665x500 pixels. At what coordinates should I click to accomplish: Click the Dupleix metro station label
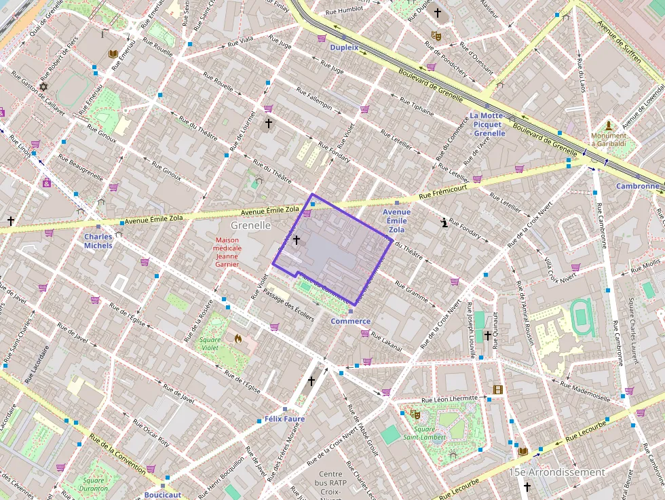[x=344, y=48]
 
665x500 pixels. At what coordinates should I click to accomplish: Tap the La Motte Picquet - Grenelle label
[x=487, y=124]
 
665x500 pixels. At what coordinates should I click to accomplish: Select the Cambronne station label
[x=637, y=186]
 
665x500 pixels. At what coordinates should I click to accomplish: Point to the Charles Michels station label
[x=98, y=241]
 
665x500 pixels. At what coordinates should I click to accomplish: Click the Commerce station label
[x=350, y=321]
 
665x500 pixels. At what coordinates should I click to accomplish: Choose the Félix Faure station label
[x=284, y=419]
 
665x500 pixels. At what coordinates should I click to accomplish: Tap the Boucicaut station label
[x=163, y=495]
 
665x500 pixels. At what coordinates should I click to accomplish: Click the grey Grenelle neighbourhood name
[x=250, y=225]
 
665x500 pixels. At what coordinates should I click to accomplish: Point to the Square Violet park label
[x=214, y=343]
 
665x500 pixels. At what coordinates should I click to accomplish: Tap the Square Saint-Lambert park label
[x=424, y=433]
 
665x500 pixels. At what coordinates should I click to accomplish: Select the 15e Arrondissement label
[x=556, y=472]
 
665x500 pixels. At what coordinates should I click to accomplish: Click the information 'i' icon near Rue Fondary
[x=444, y=223]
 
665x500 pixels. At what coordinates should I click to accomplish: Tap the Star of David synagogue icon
[x=45, y=87]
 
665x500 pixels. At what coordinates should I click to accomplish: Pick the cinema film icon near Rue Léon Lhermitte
[x=499, y=389]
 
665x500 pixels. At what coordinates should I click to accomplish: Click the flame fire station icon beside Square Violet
[x=238, y=337]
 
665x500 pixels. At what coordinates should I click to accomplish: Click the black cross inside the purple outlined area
[x=296, y=239]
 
